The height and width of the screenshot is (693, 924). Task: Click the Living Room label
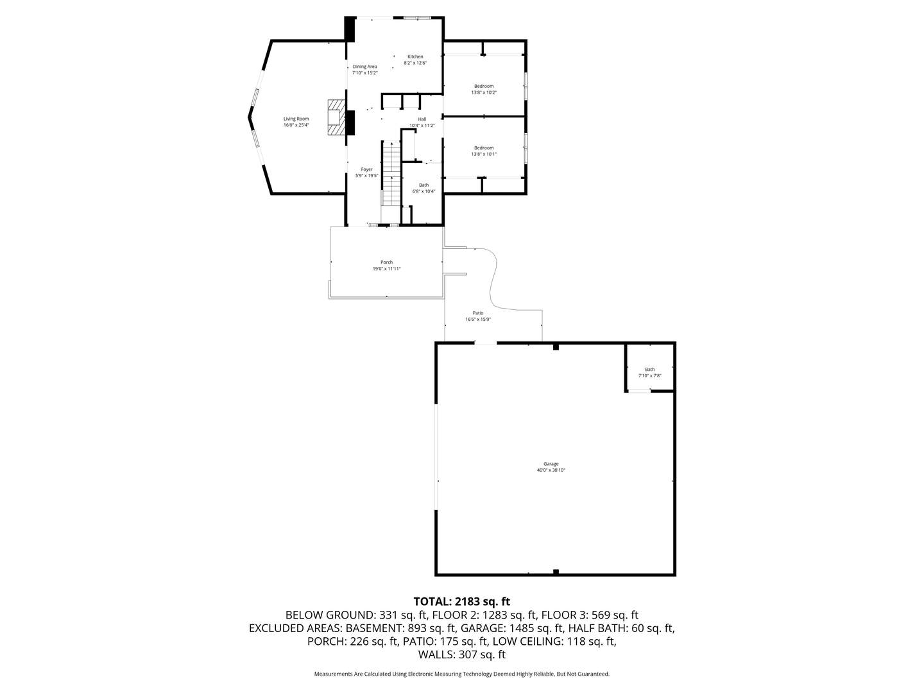[x=296, y=119]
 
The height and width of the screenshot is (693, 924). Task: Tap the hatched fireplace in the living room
[x=336, y=117]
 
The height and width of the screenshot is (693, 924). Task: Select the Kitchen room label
[x=415, y=56]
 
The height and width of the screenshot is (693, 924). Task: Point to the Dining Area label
[x=364, y=67]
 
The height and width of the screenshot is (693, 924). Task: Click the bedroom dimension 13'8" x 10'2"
[x=484, y=92]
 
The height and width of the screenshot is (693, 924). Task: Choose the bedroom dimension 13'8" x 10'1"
[x=484, y=154]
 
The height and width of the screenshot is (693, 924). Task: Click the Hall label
[x=422, y=119]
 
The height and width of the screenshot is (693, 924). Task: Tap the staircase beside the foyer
[x=391, y=173]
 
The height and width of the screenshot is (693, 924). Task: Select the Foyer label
[x=366, y=169]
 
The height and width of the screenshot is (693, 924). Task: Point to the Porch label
[x=386, y=262]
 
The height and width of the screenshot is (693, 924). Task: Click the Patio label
[x=478, y=313]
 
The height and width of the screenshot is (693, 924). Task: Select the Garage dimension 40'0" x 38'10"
[x=551, y=470]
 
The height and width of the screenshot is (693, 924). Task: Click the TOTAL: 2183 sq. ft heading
[x=461, y=601]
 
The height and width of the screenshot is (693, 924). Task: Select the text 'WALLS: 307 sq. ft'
[x=461, y=655]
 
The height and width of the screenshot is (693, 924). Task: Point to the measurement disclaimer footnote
[x=461, y=674]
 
